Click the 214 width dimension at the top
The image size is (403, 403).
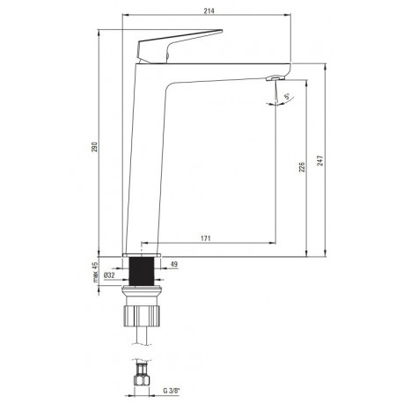tap(209, 11)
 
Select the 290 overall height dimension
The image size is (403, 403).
tap(94, 147)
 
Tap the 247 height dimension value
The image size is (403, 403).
tap(320, 161)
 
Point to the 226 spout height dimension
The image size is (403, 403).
tap(302, 167)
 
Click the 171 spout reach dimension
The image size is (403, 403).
tap(206, 238)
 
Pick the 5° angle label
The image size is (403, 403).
tap(287, 96)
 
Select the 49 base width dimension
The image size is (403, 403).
tap(174, 264)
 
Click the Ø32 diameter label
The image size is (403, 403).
tap(109, 275)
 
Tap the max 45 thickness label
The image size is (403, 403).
tap(94, 272)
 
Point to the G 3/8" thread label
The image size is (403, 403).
tap(172, 391)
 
